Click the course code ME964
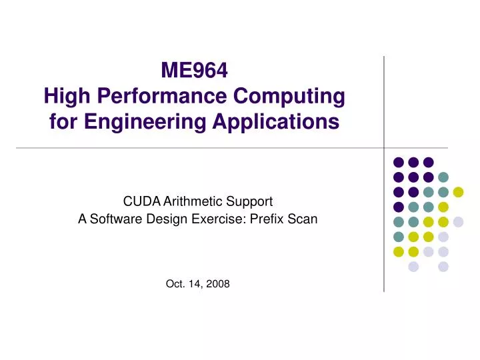[195, 70]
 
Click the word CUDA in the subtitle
[137, 200]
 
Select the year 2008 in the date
[216, 284]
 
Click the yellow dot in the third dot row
[458, 192]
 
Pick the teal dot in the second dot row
[443, 177]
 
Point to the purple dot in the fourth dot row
[398, 207]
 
